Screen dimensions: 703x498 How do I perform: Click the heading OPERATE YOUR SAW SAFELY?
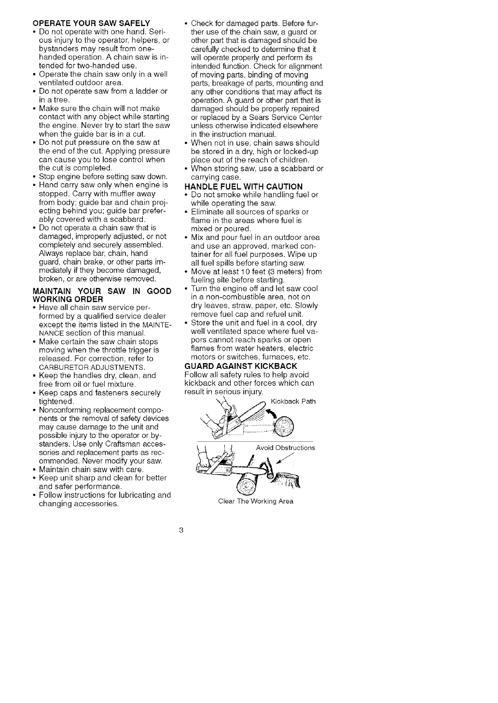[x=91, y=23]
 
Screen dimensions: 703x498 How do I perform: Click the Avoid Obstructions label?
[x=285, y=448]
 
